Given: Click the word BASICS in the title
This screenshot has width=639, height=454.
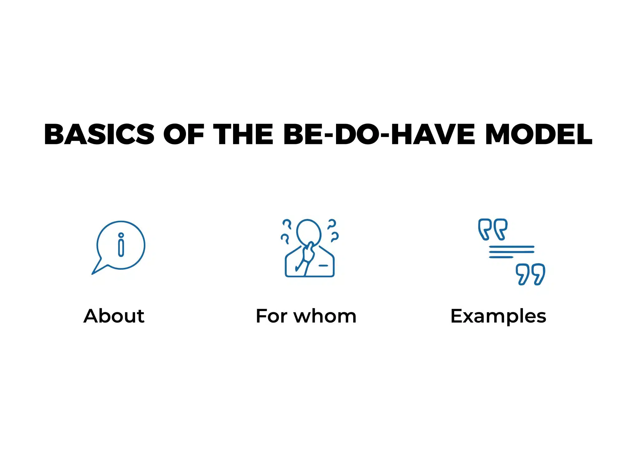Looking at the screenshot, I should [x=99, y=134].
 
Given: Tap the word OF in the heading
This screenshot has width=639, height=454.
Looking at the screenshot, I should [x=183, y=134].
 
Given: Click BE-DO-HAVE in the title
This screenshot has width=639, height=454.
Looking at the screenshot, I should [x=379, y=134].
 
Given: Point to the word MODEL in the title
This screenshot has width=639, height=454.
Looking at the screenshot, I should [x=539, y=134].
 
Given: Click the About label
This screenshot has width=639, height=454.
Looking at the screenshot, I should [x=114, y=316].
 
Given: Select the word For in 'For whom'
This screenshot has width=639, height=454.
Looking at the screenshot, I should [x=271, y=316].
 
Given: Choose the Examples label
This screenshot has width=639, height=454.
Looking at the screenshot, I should [x=498, y=317].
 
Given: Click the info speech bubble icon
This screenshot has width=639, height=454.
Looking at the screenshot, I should [x=120, y=245].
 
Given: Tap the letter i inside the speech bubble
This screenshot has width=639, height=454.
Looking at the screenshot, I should [x=121, y=245].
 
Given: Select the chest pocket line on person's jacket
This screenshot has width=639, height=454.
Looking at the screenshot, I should [x=323, y=266].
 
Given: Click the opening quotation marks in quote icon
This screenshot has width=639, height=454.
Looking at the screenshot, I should [x=493, y=229].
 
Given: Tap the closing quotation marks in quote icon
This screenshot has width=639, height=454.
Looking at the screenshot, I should [x=530, y=274].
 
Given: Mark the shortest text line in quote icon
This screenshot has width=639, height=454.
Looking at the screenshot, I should [x=501, y=257].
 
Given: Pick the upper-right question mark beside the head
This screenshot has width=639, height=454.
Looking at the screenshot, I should [x=331, y=224].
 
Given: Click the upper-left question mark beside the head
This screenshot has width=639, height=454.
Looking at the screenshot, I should [x=287, y=224].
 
